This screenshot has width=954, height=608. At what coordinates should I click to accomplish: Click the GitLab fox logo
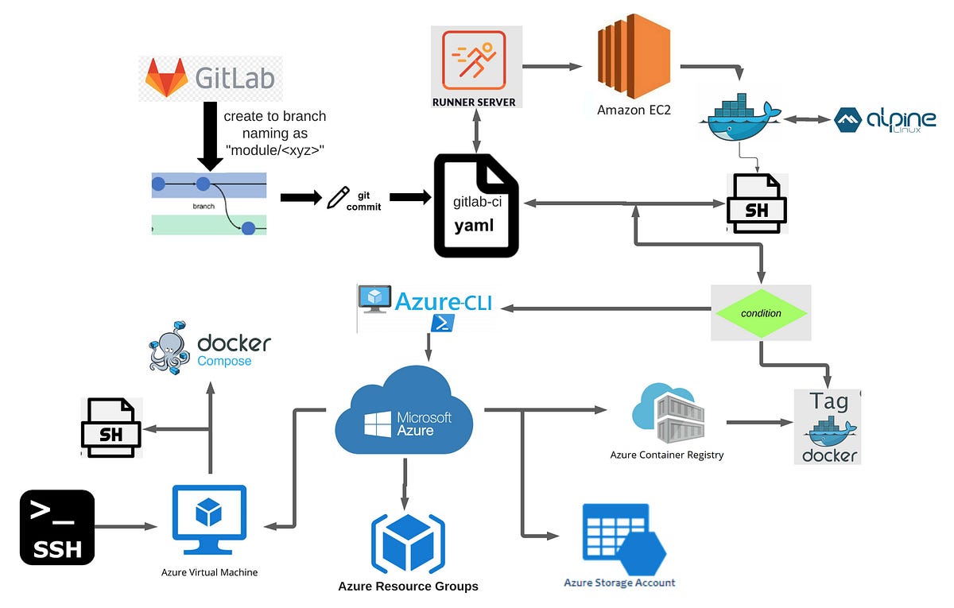pos(165,78)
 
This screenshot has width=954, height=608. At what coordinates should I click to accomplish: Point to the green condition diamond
pos(761,313)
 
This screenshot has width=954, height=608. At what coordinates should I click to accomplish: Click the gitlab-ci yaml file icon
pos(475,206)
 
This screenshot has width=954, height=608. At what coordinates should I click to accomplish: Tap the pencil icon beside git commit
pos(338,197)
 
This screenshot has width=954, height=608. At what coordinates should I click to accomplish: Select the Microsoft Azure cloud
pos(405,412)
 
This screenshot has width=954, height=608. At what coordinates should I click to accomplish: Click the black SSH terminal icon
pos(57,527)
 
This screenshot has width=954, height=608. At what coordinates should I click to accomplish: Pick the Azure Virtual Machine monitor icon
pos(209,521)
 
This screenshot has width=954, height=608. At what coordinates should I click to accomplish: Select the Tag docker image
pos(828,428)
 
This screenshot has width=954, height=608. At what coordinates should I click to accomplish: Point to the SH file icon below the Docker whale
pos(757,203)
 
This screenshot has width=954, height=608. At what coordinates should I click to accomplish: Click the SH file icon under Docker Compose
pos(111,428)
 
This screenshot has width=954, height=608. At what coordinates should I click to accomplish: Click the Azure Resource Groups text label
pos(408,587)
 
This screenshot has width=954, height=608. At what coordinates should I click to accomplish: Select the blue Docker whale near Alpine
pos(739,118)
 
